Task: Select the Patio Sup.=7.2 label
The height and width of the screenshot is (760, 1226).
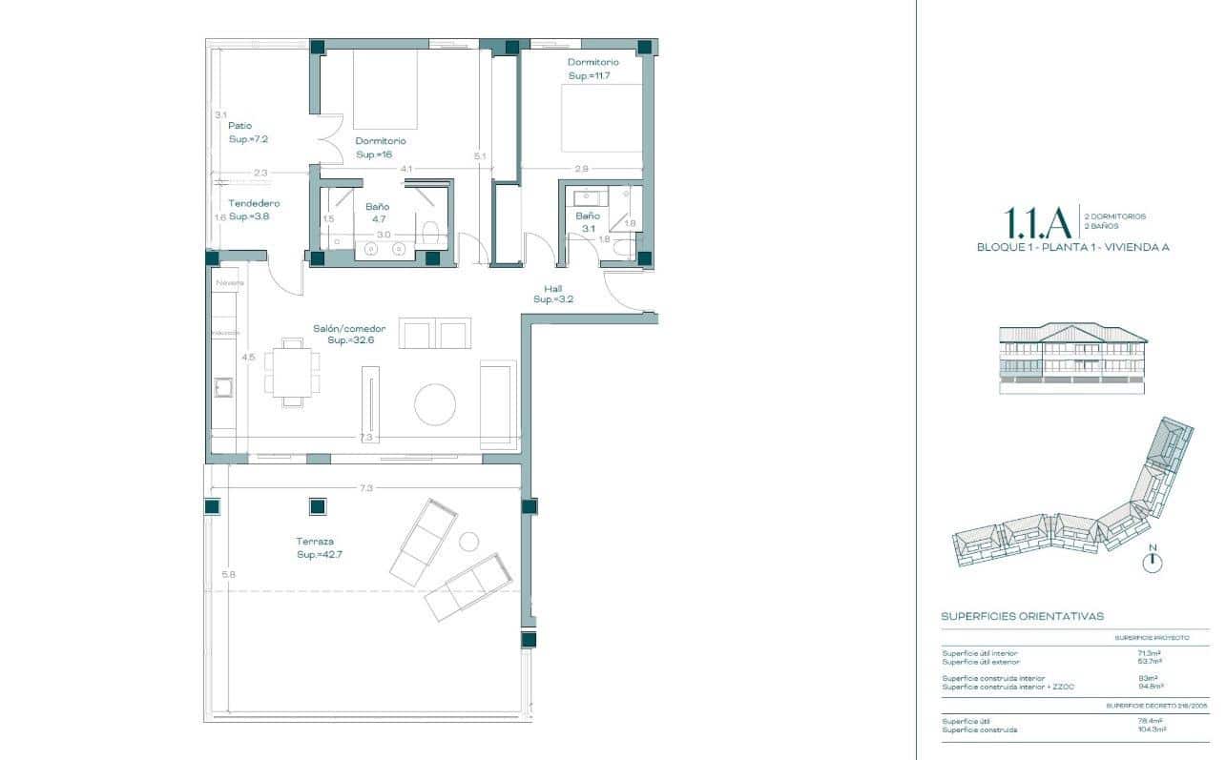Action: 248,132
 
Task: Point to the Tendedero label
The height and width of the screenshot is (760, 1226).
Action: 254,210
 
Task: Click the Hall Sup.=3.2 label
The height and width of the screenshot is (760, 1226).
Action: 553,294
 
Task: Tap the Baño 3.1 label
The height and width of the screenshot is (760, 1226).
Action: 587,221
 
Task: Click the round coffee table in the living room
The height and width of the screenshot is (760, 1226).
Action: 435,404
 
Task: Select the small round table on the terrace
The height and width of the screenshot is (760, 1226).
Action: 468,541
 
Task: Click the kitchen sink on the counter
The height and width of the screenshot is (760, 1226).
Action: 224,387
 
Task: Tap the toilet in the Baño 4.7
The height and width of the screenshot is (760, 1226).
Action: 430,232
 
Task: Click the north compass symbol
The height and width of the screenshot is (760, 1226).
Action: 1153,563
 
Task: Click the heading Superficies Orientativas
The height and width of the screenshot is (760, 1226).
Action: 1022,617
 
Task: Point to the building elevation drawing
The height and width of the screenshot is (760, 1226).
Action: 1072,359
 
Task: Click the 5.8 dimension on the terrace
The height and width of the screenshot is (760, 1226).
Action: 227,574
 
